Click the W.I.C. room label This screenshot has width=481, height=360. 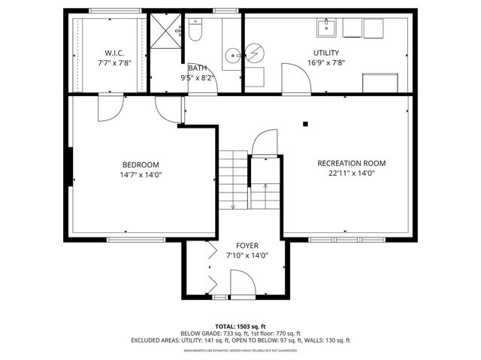click(114, 53)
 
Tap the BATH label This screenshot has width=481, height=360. click(197, 68)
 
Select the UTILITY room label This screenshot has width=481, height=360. click(326, 53)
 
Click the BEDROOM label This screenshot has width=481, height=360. click(141, 165)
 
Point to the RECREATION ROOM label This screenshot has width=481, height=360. click(351, 163)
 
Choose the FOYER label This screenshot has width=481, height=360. click(247, 246)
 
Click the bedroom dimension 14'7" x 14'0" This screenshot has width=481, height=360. click(141, 174)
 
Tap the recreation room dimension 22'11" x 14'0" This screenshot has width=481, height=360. click(351, 173)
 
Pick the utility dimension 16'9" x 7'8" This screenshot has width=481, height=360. click(326, 62)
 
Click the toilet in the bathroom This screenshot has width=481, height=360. click(196, 31)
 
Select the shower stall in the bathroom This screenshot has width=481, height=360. click(165, 30)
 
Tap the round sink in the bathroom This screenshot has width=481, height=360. click(233, 54)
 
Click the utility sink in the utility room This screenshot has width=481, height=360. click(327, 28)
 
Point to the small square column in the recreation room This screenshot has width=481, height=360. click(305, 124)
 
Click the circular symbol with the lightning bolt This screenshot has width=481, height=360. click(255, 53)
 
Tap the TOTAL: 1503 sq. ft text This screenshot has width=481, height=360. click(240, 326)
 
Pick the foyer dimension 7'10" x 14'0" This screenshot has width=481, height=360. click(247, 256)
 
